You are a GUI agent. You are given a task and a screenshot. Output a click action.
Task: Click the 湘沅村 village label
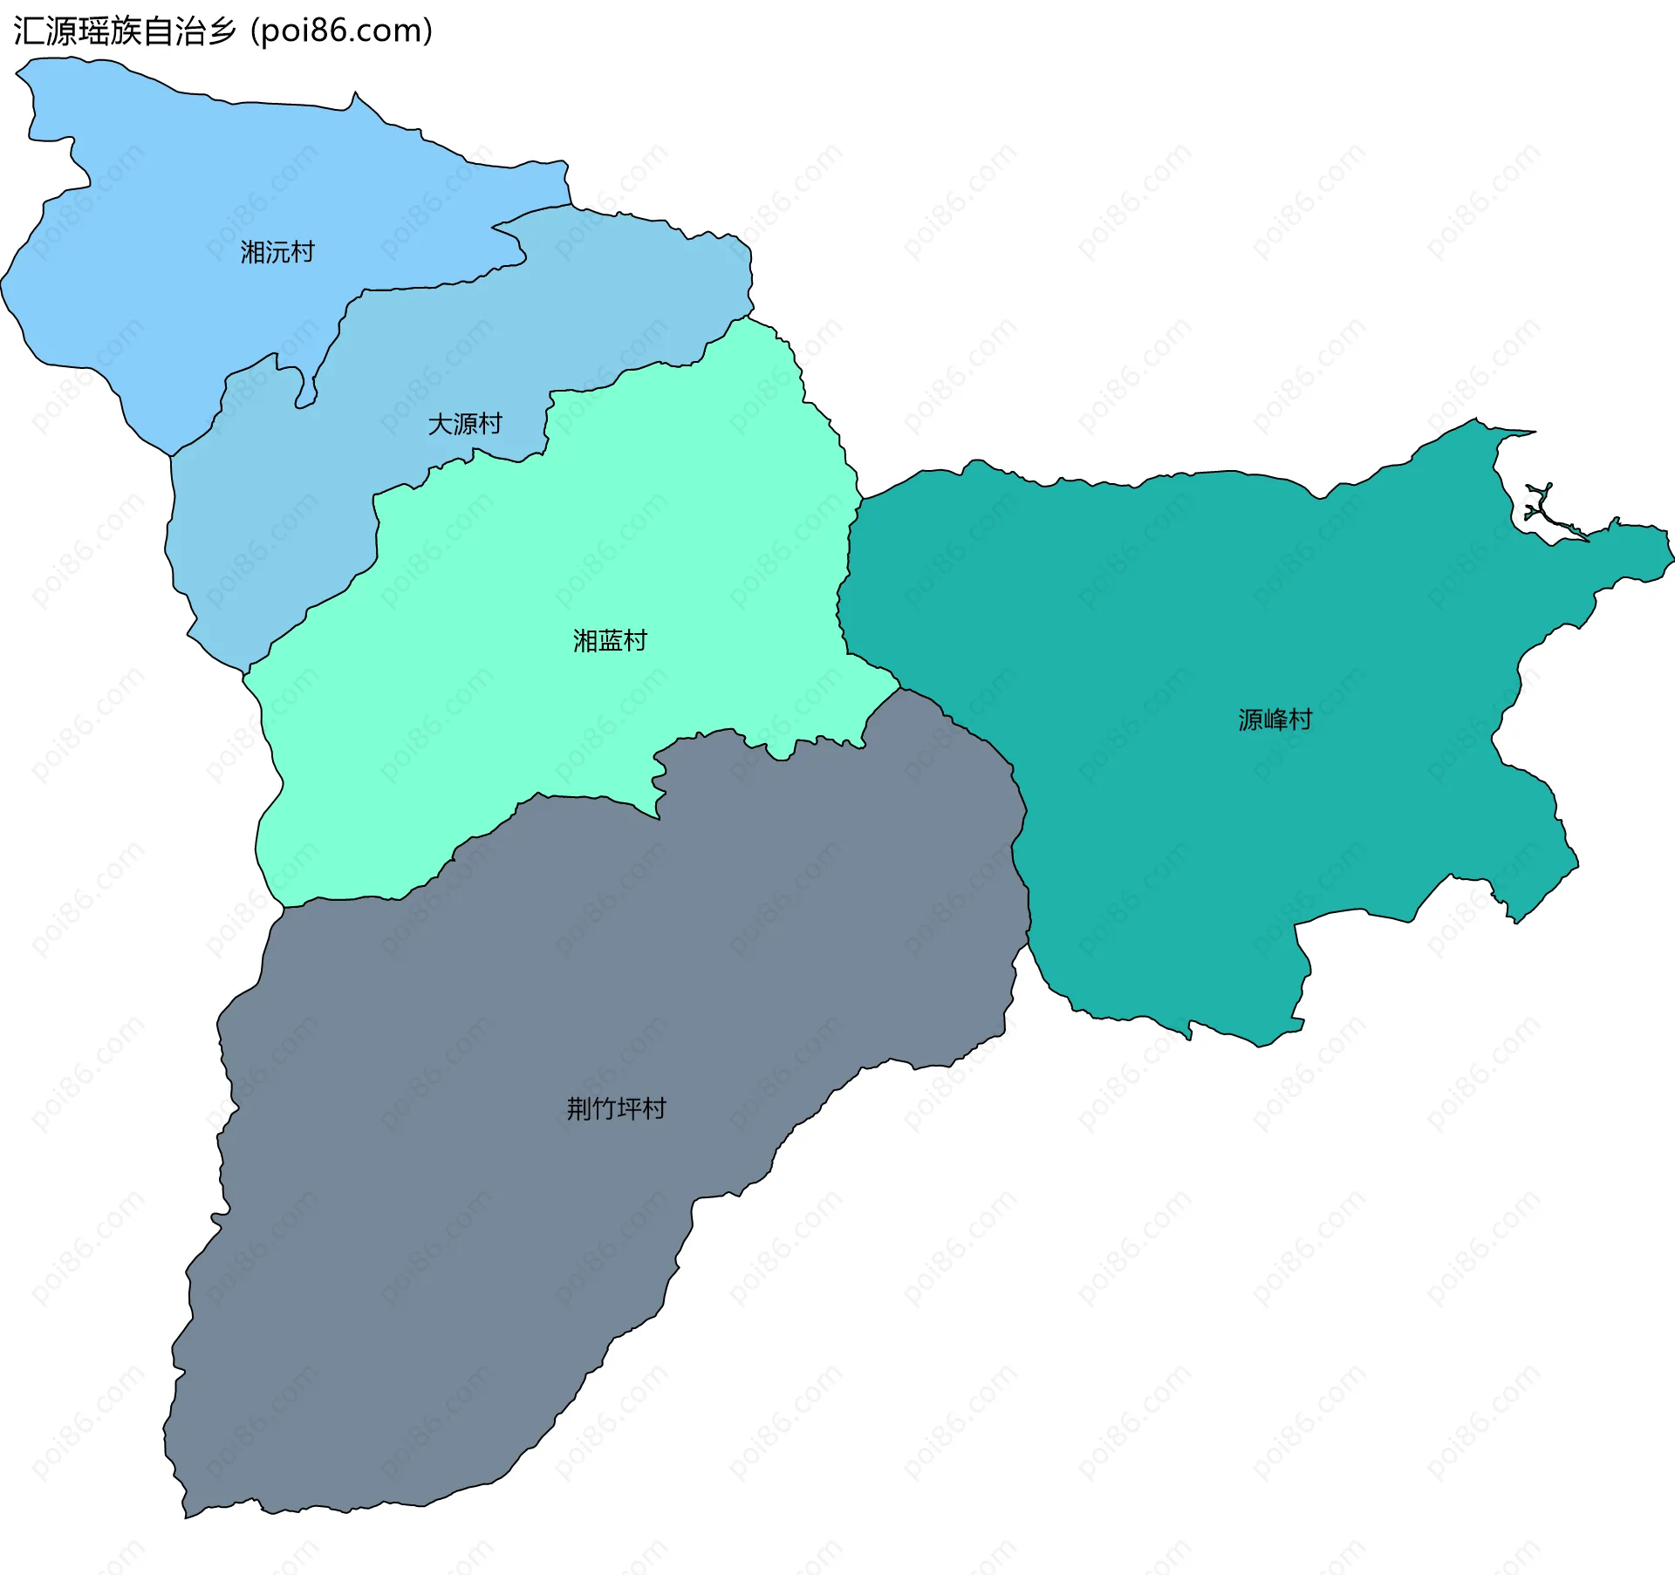(277, 253)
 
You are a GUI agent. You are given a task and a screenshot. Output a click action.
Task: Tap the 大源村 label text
(465, 425)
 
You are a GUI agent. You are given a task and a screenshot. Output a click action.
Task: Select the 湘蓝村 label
(610, 641)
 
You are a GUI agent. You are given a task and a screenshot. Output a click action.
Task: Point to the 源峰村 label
(1275, 719)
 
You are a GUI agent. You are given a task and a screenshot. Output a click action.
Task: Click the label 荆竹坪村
(616, 1108)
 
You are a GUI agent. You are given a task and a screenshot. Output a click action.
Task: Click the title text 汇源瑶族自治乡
(125, 31)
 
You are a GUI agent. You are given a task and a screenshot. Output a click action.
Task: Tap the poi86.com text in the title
(341, 31)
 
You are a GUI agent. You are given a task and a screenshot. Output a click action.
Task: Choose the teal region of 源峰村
(1221, 610)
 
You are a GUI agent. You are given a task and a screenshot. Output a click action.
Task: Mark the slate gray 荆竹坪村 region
(523, 1221)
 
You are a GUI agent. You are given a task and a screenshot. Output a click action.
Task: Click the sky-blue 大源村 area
(288, 506)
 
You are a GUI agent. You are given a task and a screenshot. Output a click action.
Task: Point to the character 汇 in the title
(29, 31)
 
